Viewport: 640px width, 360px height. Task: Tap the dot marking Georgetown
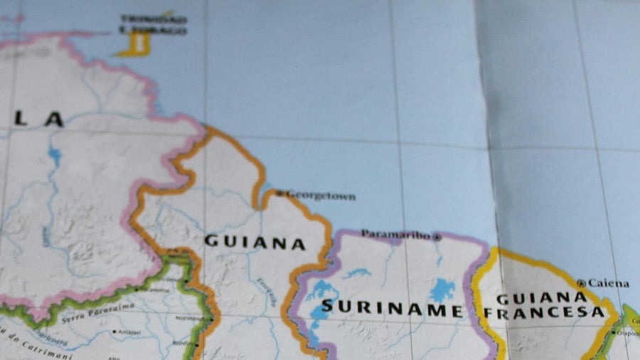280,193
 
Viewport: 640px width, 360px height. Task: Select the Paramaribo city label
396,234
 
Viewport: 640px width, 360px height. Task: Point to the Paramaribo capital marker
437,237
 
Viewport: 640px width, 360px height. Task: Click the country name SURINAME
392,309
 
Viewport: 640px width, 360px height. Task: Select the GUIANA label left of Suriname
255,243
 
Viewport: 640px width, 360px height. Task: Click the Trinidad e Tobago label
153,25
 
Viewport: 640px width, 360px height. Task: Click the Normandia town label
193,319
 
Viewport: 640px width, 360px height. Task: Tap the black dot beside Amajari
114,332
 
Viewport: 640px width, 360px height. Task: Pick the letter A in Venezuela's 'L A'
54,120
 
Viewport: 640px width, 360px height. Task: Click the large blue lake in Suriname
442,289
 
